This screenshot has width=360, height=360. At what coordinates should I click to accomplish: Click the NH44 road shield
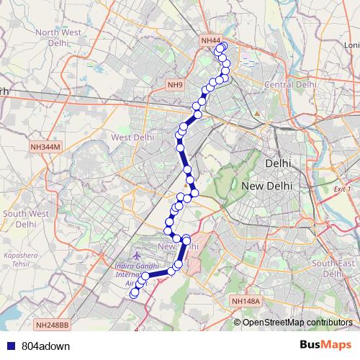click(x=210, y=41)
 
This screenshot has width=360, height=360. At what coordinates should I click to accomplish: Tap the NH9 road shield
click(x=175, y=85)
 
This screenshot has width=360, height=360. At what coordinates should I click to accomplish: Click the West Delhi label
click(x=132, y=137)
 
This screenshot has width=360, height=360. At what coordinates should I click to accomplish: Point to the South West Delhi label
click(x=25, y=218)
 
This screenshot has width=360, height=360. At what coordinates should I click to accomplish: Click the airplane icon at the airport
click(x=138, y=256)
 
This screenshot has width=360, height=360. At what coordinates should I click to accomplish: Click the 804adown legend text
click(x=41, y=346)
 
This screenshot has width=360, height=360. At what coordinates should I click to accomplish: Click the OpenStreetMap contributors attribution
click(x=298, y=322)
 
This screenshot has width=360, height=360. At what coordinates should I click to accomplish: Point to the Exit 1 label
click(x=343, y=189)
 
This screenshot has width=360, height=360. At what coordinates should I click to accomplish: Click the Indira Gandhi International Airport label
click(x=129, y=274)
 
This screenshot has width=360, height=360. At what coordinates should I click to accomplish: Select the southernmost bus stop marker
click(x=133, y=294)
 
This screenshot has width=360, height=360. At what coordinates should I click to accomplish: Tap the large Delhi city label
click(x=278, y=163)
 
